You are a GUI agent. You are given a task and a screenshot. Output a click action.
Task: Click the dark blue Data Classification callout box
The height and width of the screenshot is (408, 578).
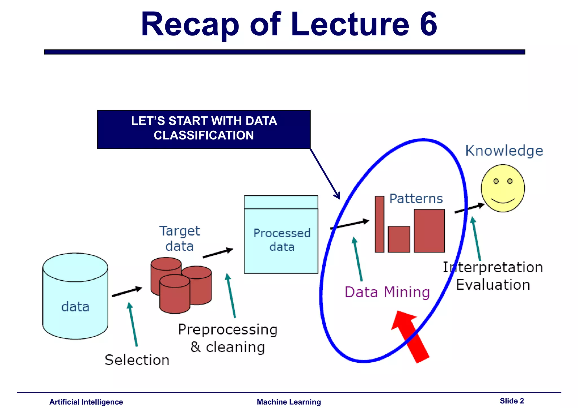tap(204, 129)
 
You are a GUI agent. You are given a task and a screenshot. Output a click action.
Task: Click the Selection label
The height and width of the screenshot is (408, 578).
tap(137, 360)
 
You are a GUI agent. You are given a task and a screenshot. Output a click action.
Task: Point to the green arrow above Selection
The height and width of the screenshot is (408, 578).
tap(133, 324)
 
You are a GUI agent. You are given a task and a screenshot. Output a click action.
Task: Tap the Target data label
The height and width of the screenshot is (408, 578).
tap(180, 238)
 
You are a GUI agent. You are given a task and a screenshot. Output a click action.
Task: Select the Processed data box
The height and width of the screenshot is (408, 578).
tap(281, 240)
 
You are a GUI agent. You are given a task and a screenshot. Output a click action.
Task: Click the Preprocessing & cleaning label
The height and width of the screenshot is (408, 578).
tap(228, 338)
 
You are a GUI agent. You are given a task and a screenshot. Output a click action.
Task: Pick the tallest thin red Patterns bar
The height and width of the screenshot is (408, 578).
tap(379, 224)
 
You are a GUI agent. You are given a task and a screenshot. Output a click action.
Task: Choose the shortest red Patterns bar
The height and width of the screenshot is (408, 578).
tap(399, 239)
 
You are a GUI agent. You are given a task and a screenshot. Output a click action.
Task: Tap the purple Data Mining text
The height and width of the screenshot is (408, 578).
tap(387, 292)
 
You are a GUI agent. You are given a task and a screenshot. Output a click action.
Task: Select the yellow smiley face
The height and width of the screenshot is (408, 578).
tap(503, 188)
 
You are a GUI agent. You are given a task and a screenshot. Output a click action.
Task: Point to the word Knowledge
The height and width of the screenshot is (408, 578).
tap(504, 151)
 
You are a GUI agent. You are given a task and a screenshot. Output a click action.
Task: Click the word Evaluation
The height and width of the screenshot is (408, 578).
tap(493, 285)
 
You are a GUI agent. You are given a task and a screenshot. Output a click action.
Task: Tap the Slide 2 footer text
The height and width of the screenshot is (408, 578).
tap(512, 401)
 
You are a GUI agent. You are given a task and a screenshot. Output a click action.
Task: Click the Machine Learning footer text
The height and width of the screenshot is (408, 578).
tap(289, 402)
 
